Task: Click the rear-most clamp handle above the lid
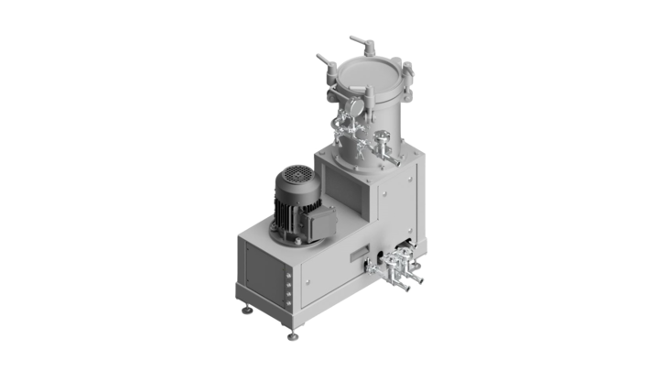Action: point(362,41)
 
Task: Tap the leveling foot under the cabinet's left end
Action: point(246,309)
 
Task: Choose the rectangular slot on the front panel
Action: point(362,254)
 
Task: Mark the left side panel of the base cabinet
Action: point(262,269)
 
